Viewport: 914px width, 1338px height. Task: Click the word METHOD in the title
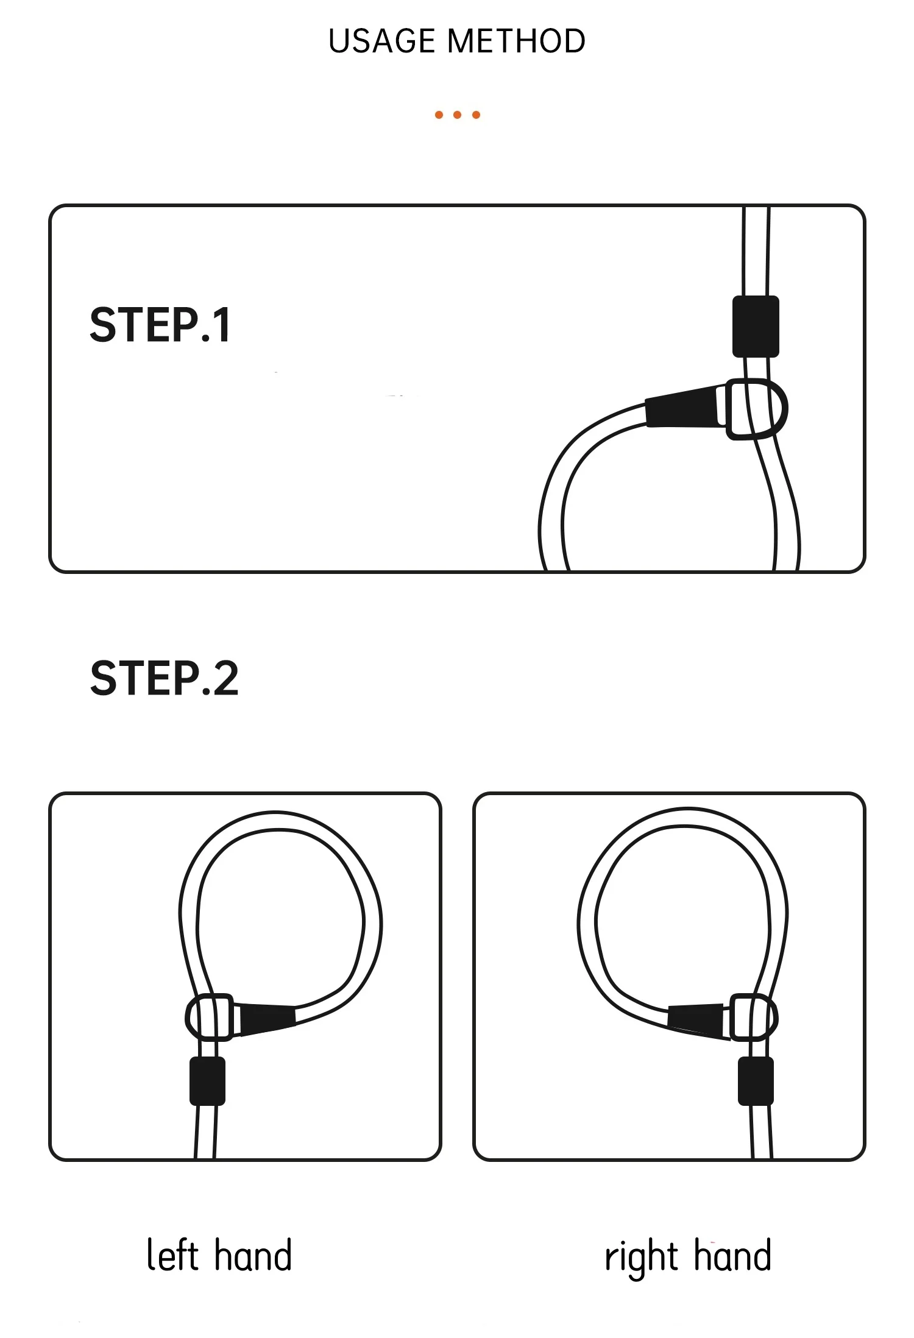pyautogui.click(x=516, y=41)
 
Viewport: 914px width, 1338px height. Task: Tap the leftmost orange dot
pyautogui.click(x=439, y=115)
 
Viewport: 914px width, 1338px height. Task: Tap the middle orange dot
pyautogui.click(x=458, y=115)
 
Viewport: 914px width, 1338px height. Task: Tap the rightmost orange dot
pyautogui.click(x=476, y=115)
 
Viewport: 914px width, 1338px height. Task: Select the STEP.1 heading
pyautogui.click(x=160, y=325)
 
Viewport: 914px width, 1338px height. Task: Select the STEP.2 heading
pyautogui.click(x=165, y=678)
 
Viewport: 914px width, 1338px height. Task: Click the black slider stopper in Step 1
pyautogui.click(x=756, y=327)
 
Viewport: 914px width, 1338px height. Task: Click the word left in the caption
pyautogui.click(x=173, y=1255)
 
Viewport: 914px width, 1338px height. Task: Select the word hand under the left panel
pyautogui.click(x=253, y=1255)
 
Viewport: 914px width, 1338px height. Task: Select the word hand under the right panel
pyautogui.click(x=733, y=1255)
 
